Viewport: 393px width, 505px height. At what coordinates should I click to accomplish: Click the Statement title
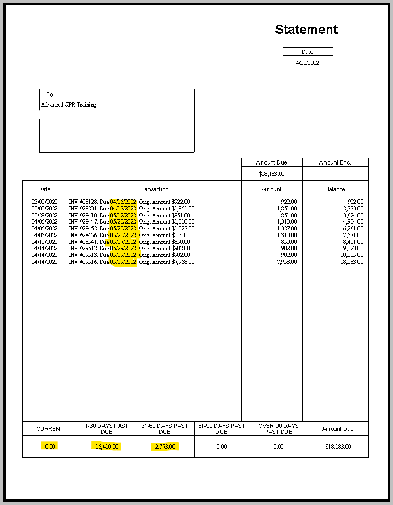pos(306,30)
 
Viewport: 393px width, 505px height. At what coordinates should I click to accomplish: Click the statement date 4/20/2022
pos(307,63)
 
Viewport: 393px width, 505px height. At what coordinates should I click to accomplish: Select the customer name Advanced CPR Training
pos(68,105)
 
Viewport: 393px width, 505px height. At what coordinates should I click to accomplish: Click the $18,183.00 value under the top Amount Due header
pos(272,174)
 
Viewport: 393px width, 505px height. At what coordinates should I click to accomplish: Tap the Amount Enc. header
pos(335,162)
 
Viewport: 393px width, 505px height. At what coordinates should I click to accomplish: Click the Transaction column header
pos(154,189)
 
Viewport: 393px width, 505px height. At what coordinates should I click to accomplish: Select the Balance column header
pos(335,189)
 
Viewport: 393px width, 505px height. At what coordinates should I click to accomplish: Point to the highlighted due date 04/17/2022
pos(123,208)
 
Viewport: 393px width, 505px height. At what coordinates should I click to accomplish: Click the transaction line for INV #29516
pos(132,262)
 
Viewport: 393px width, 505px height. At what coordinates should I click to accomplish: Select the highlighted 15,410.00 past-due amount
pos(107,447)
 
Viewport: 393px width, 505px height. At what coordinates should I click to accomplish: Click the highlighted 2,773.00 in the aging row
pos(165,447)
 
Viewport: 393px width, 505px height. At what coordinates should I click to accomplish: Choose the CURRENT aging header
pos(50,429)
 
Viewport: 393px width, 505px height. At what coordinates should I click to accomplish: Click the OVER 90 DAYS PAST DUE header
pos(279,429)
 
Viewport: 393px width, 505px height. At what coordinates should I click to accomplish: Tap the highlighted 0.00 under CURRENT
pos(50,447)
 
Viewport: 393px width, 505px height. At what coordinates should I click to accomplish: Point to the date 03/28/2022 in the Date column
pos(44,215)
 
